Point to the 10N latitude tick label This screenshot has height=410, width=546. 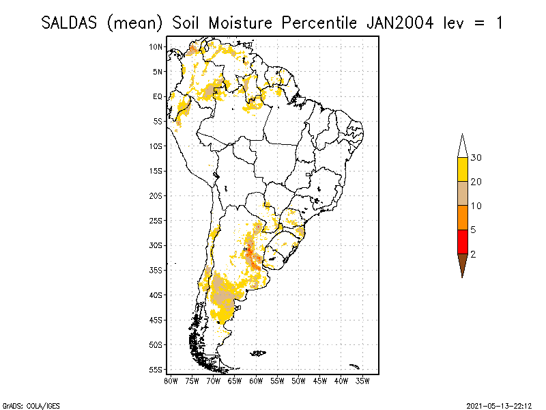[x=156, y=46]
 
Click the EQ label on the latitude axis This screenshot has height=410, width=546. [x=157, y=96]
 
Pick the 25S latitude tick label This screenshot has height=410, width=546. [x=156, y=221]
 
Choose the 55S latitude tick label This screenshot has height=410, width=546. [x=156, y=370]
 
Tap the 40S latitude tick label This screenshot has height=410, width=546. [x=156, y=295]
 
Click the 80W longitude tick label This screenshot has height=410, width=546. [x=171, y=380]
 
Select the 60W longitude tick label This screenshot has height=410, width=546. [x=256, y=380]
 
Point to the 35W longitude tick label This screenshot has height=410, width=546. [x=362, y=380]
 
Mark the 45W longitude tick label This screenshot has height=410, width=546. [x=320, y=380]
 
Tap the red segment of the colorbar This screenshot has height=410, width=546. [x=462, y=241]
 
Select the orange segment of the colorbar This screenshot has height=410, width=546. [x=462, y=217]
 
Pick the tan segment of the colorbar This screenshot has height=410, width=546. [x=462, y=193]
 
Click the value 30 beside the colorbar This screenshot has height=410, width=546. [x=476, y=158]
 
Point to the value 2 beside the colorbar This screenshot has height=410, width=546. [x=473, y=254]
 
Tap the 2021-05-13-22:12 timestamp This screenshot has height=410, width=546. [x=499, y=405]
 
